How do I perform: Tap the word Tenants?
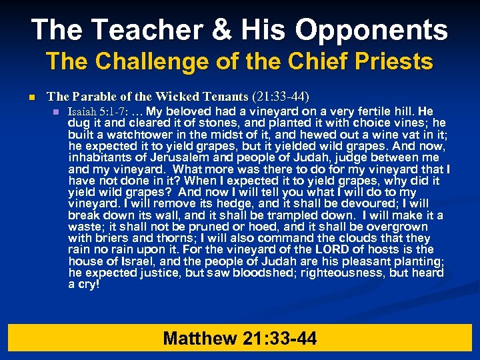click(223, 97)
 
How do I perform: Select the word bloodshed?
click(270, 273)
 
